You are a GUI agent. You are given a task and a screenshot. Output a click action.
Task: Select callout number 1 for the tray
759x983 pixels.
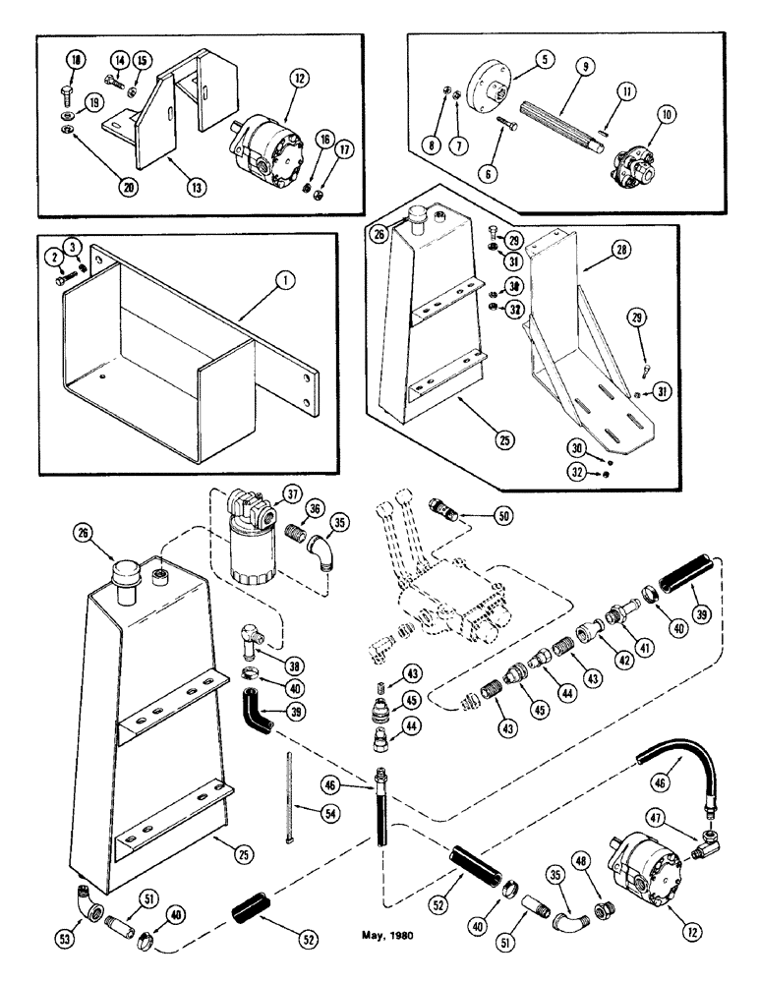pos(285,280)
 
